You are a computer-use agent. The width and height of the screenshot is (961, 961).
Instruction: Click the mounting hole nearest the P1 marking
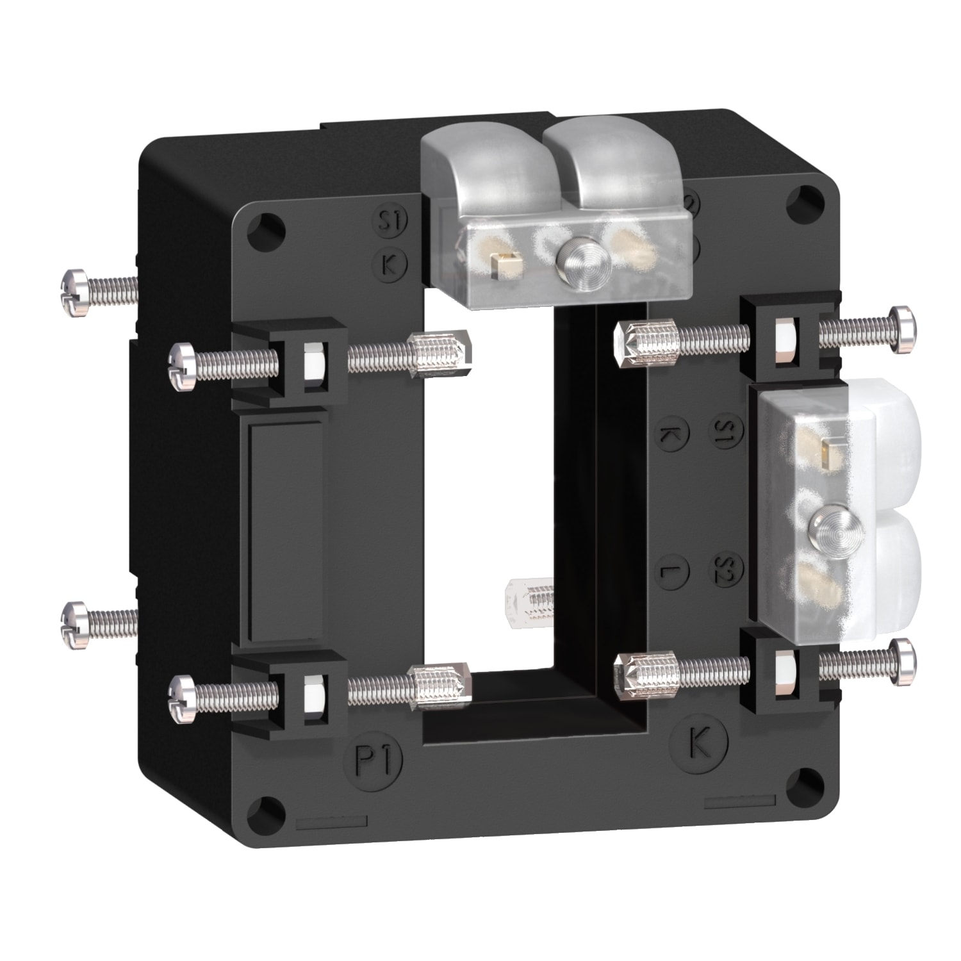(x=269, y=806)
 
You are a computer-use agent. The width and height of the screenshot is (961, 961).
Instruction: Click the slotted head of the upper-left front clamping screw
(x=182, y=365)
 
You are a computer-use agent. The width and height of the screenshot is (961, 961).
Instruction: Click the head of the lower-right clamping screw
(x=903, y=662)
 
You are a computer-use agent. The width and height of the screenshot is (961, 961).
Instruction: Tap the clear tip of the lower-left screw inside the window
(x=459, y=681)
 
